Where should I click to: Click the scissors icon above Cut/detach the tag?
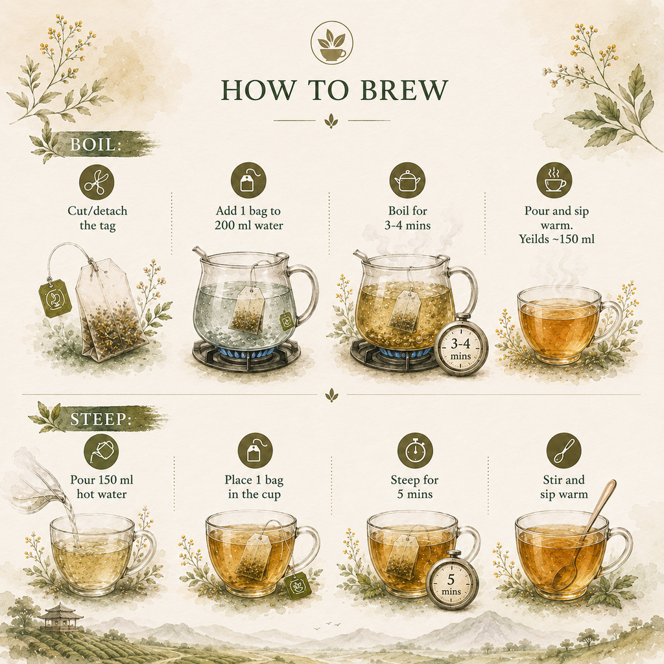(97, 182)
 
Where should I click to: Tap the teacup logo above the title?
(331, 43)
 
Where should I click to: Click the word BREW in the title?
(404, 89)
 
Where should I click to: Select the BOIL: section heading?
(95, 145)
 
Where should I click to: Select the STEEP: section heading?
(101, 419)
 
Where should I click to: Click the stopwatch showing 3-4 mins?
(460, 346)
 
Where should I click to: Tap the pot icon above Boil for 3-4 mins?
(407, 180)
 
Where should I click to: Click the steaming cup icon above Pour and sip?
(554, 180)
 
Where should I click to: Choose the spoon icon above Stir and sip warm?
(563, 451)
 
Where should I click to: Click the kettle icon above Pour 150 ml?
(101, 451)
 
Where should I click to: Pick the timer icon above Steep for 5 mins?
(415, 451)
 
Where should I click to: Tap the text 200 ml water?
(248, 225)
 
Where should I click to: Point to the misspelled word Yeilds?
(534, 239)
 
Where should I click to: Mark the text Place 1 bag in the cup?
(254, 487)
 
